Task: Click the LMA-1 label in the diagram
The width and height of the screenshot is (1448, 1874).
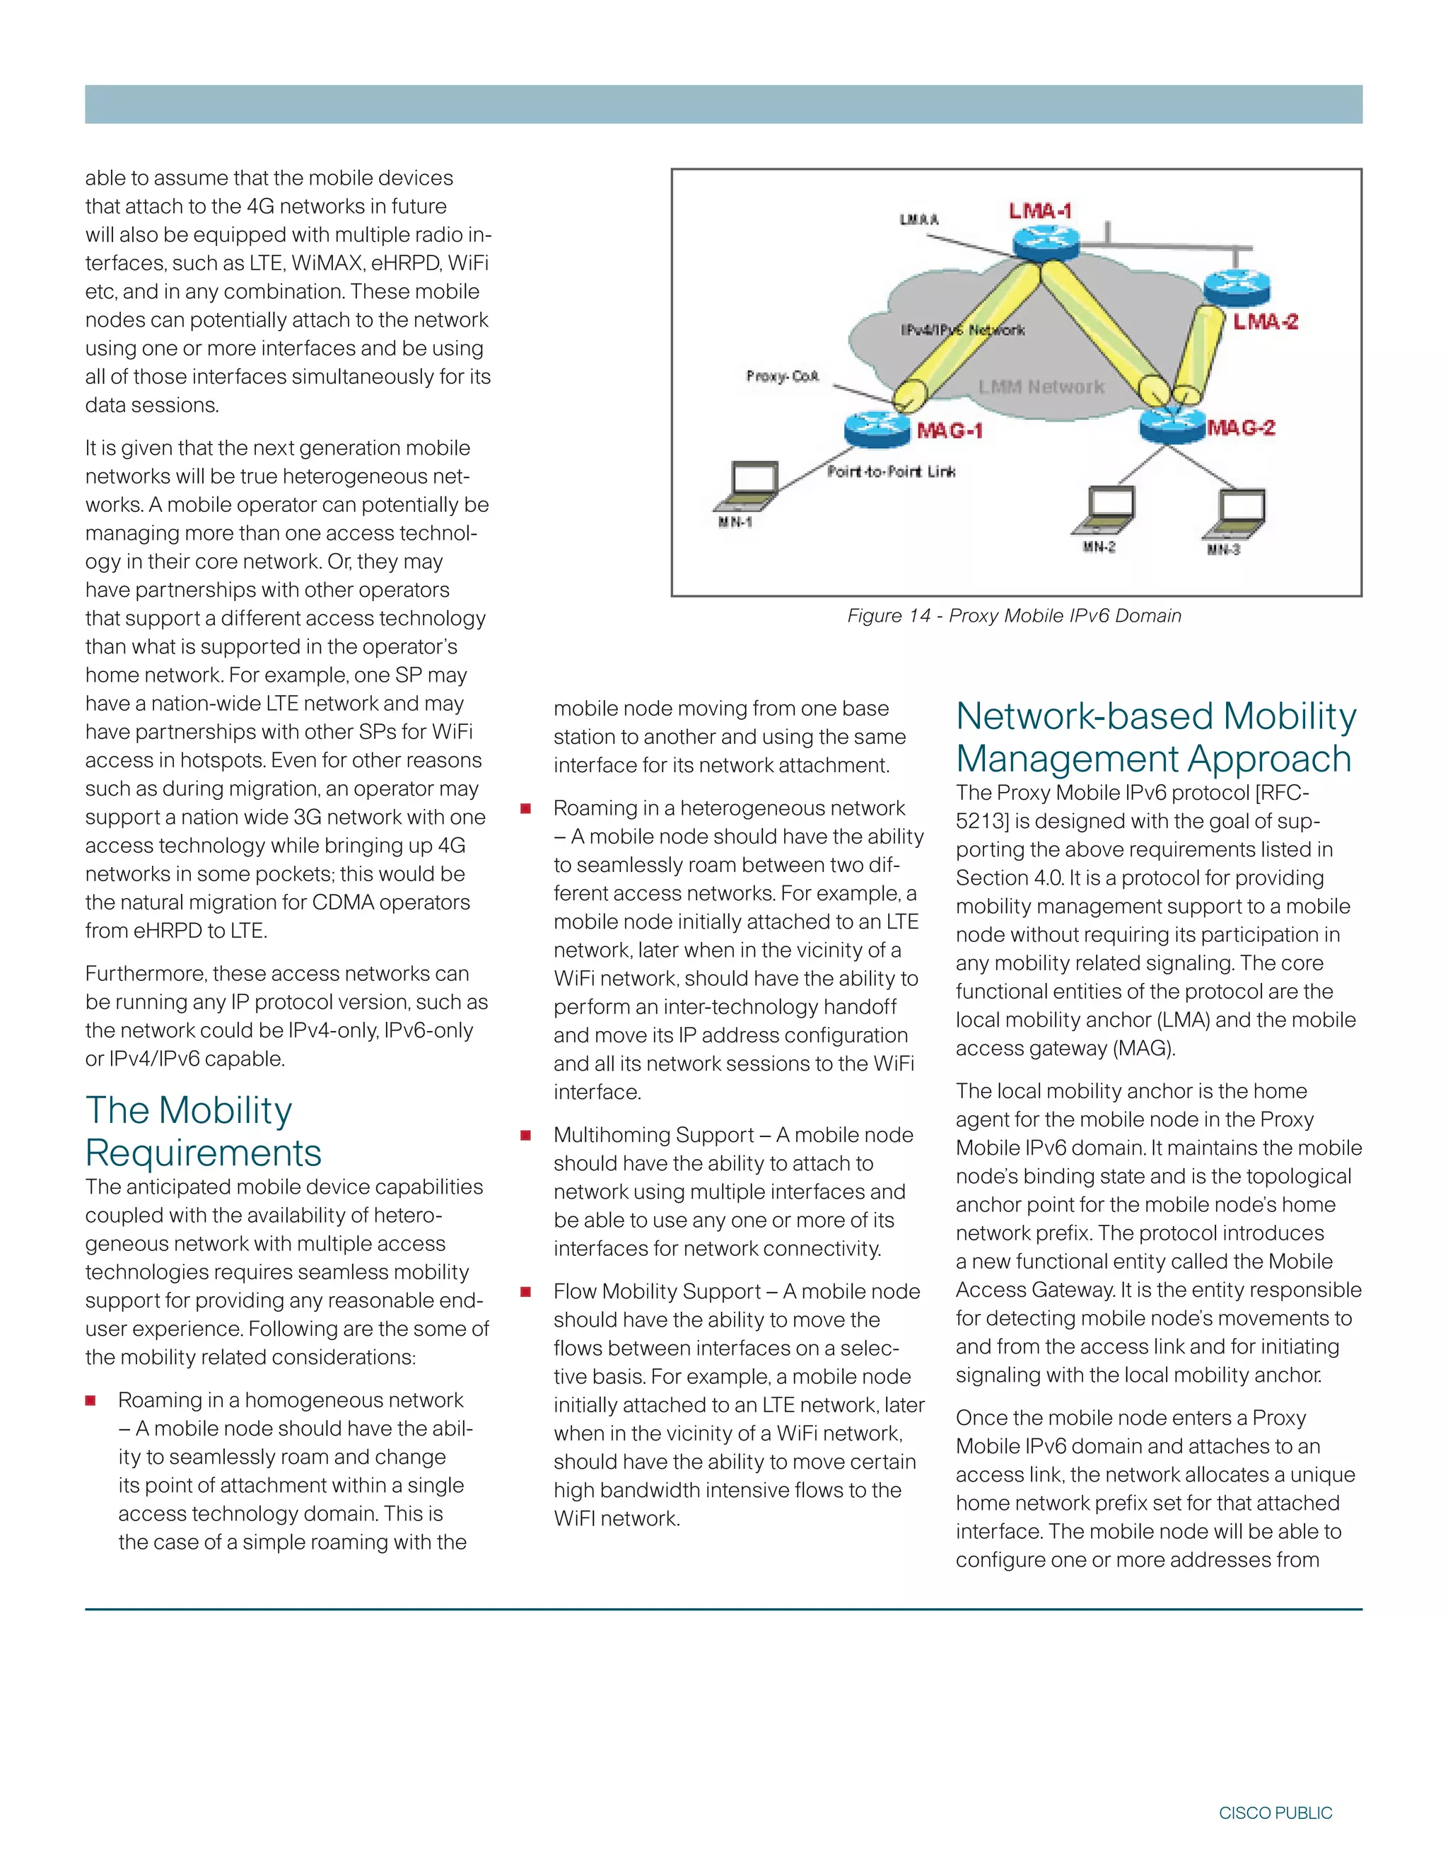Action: (x=1039, y=210)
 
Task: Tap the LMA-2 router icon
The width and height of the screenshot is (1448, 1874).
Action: (x=1236, y=286)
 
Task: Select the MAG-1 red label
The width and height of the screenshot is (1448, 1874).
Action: (x=950, y=430)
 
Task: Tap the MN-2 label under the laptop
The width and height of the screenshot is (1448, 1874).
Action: (x=1099, y=547)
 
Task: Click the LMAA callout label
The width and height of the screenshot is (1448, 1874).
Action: (x=918, y=220)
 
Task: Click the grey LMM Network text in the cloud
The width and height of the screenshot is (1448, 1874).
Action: (x=1041, y=387)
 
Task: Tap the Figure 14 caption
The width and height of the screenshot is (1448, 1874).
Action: (x=1014, y=615)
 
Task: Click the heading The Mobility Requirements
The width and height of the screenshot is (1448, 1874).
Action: (x=204, y=1131)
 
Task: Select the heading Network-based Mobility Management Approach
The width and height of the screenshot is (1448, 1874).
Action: (x=1155, y=737)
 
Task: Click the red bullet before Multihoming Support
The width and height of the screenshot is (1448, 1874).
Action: (x=526, y=1135)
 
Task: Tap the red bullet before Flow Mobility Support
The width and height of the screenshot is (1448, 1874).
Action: (x=526, y=1291)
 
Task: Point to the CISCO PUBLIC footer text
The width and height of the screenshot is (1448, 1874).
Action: (x=1275, y=1813)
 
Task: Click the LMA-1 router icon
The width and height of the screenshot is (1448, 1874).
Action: (x=1044, y=243)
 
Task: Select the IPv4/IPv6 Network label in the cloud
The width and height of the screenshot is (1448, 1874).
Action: (x=962, y=330)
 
